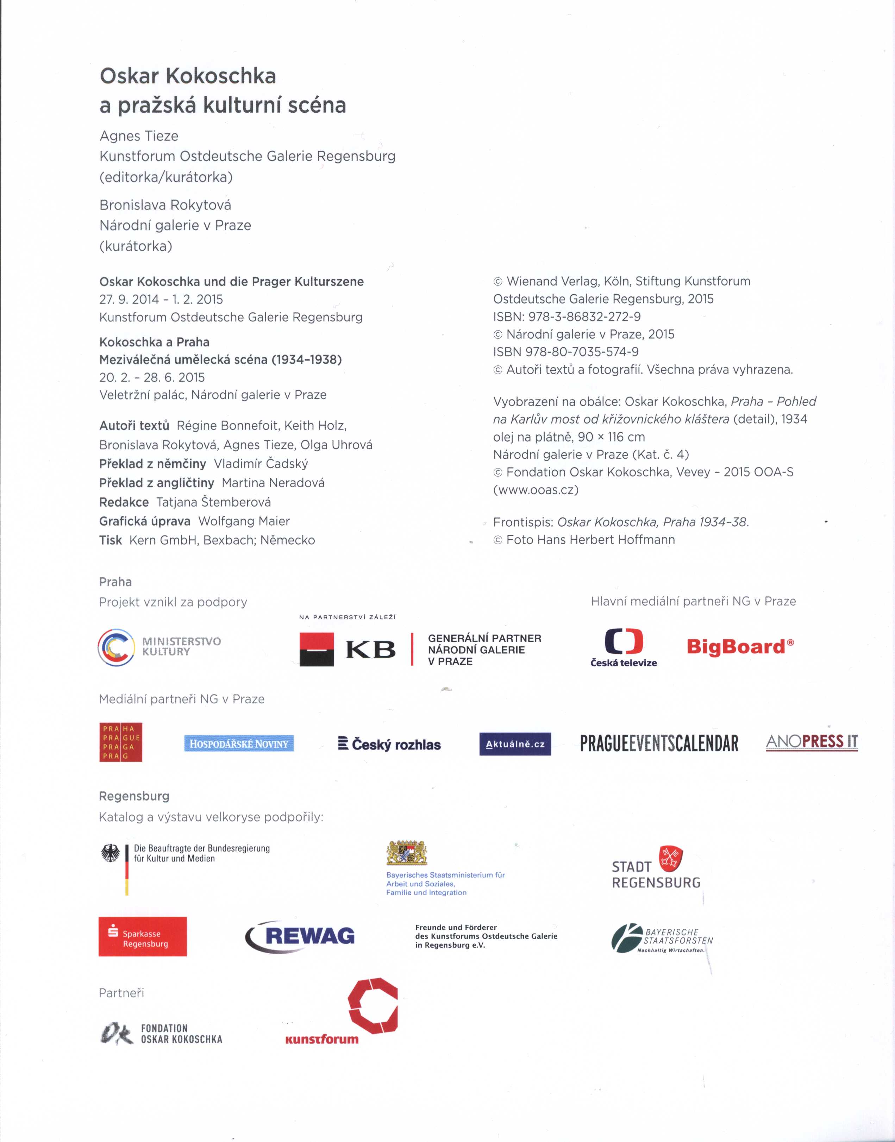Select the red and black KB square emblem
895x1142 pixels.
pos(317,649)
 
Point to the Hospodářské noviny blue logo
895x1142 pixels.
pos(239,743)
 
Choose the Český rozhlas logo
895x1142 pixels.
pos(390,744)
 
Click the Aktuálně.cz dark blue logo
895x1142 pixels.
pos(515,744)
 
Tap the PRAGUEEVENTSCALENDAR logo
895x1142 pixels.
pos(659,743)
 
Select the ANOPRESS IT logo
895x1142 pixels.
pos(812,742)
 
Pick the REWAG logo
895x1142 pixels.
pos(300,936)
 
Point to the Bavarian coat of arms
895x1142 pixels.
pos(407,853)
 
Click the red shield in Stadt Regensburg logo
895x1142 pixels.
pos(671,859)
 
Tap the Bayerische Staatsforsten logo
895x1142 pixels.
pos(662,938)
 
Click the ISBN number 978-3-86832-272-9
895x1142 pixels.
pos(584,316)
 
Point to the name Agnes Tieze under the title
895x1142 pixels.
pos(139,136)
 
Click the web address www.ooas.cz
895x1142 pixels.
pos(536,490)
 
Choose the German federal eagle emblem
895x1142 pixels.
pos(111,854)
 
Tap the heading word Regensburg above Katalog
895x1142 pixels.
pos(134,796)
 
